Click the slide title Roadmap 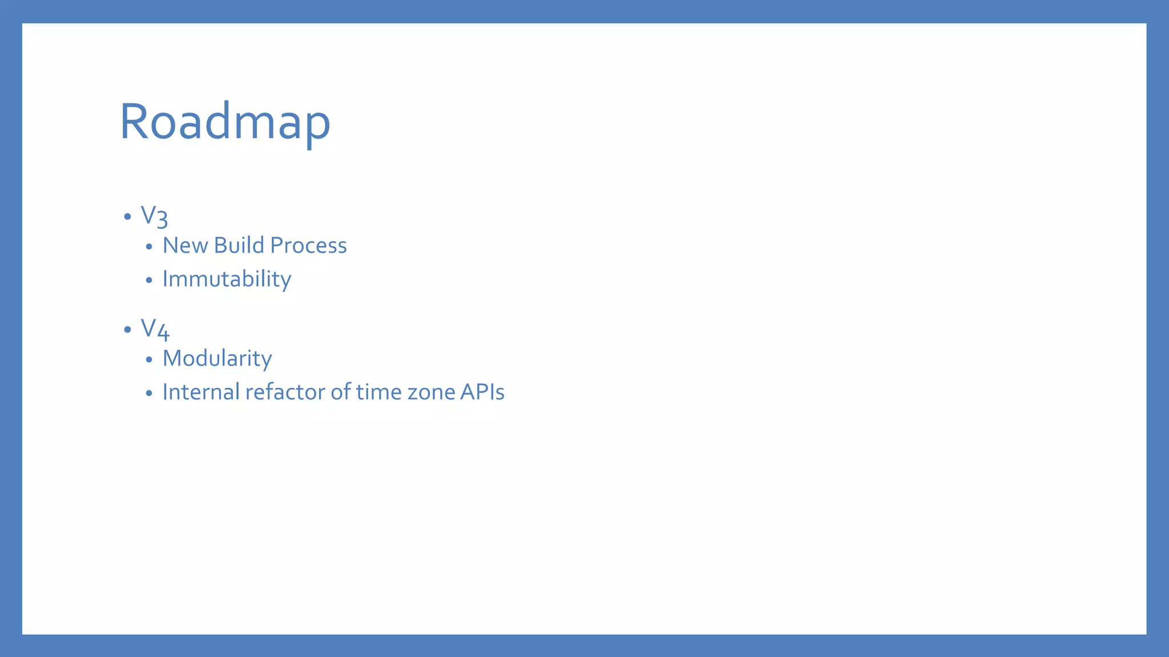225,121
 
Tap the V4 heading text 155,329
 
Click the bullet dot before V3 127,217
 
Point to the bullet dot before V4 127,330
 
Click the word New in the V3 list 185,245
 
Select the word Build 239,245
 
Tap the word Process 308,245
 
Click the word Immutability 227,279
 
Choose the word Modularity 217,358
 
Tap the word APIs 482,392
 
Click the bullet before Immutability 149,280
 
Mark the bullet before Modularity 149,359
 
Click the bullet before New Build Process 149,246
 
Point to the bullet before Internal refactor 149,393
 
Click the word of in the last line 341,392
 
